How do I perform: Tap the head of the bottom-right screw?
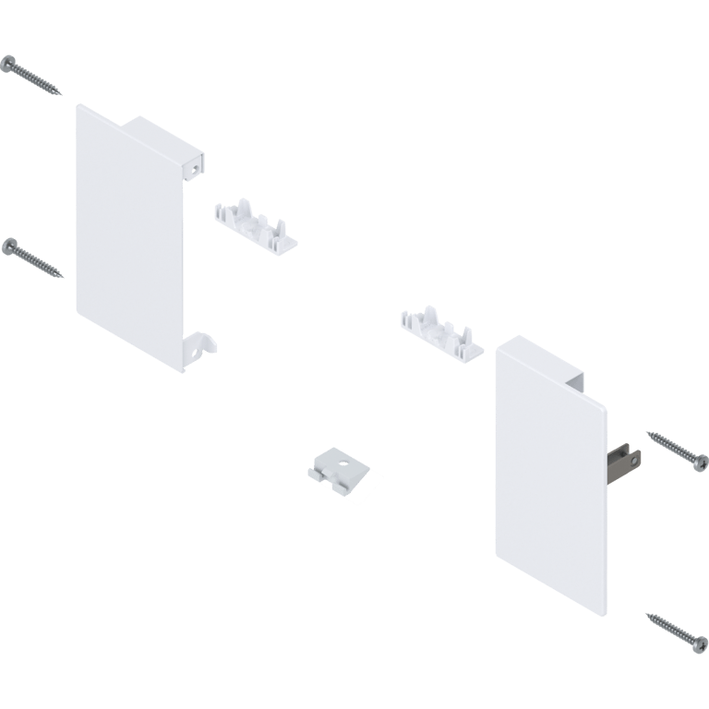coord(698,643)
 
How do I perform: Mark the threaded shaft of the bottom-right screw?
coord(669,628)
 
